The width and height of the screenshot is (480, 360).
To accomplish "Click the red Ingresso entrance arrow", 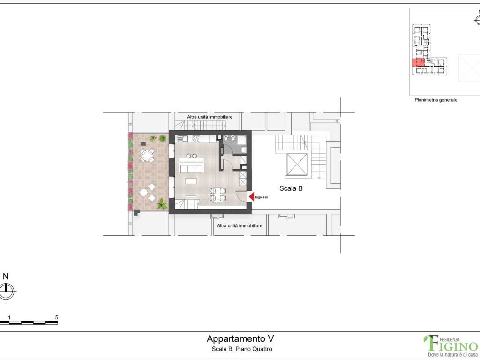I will coord(251,197).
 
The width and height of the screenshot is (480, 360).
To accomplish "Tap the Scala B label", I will coord(291,188).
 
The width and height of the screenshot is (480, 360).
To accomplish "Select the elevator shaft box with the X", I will coord(296,164).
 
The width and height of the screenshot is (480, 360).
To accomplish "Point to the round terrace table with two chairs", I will coord(144,192).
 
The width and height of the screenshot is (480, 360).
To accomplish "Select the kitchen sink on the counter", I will coord(182,138).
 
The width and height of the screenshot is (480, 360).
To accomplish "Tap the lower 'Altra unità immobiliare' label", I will coord(240,225).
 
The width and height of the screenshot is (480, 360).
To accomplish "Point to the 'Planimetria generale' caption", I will coord(435,100).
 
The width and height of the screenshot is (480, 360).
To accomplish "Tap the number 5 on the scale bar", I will coord(57,317).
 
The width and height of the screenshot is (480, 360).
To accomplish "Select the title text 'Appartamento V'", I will coord(240,339).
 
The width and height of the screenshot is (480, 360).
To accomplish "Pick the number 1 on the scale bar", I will coord(9,317).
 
